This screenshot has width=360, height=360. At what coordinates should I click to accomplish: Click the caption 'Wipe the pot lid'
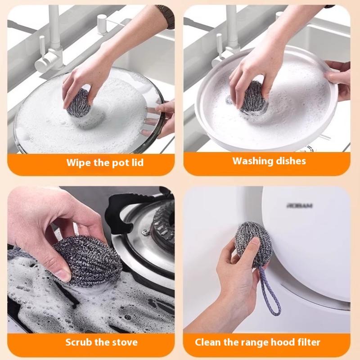pos(105,162)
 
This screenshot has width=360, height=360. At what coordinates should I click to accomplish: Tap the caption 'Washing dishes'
pos(269,161)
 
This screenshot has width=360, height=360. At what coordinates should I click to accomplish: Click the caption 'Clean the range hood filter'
pos(257,342)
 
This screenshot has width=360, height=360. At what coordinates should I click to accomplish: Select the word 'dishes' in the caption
pos(290,161)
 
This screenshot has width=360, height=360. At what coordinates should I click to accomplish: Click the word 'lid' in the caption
pos(136,162)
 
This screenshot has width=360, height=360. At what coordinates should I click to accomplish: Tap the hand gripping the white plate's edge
pos(340,79)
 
